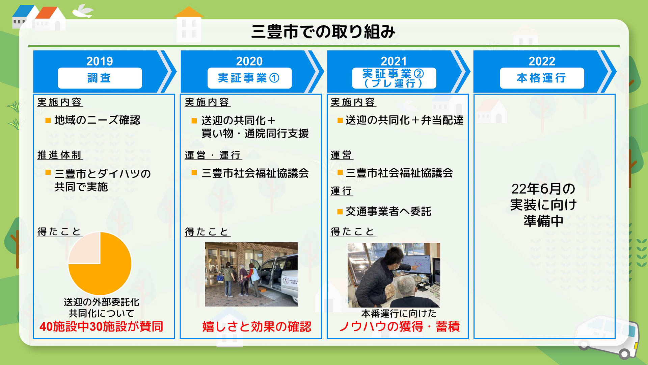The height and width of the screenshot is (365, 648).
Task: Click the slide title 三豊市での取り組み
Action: [x=323, y=31]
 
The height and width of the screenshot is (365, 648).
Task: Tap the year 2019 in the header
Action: [x=100, y=61]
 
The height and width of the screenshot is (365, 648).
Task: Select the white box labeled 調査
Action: [x=100, y=78]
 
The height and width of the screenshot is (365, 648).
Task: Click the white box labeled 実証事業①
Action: [x=249, y=78]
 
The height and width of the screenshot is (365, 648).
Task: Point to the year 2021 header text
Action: [x=394, y=61]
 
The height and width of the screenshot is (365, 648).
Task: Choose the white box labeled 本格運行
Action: [x=541, y=78]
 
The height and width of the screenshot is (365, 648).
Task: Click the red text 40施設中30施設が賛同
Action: [x=101, y=326]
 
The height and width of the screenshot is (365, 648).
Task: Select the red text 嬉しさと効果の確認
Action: [x=256, y=326]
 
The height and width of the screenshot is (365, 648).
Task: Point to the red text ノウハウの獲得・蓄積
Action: [x=399, y=326]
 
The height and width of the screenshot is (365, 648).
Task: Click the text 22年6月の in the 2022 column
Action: [x=543, y=189]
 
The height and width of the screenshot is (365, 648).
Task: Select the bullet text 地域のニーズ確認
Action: [x=97, y=120]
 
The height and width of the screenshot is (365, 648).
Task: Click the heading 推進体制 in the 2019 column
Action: [x=60, y=155]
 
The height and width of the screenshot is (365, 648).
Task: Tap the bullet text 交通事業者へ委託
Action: [x=388, y=212]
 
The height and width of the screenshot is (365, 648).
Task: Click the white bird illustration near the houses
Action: [x=83, y=11]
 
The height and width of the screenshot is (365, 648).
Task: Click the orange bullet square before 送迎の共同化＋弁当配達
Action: [x=340, y=120]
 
